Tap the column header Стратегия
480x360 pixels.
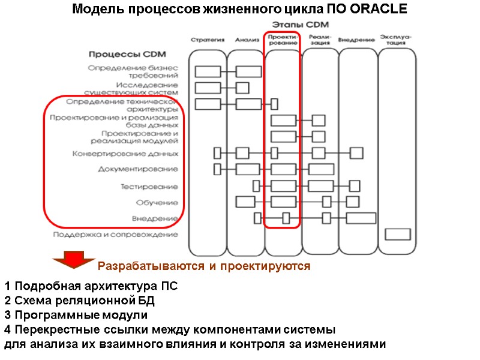pyautogui.click(x=208, y=40)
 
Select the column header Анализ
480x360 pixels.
pyautogui.click(x=247, y=40)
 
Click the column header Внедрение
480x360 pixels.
pyautogui.click(x=356, y=40)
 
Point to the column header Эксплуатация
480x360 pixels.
pyautogui.click(x=395, y=40)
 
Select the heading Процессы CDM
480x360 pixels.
pyautogui.click(x=124, y=53)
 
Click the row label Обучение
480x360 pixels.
pyautogui.click(x=157, y=203)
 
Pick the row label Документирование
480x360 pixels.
pyautogui.click(x=138, y=170)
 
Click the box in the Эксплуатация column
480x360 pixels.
pyautogui.click(x=397, y=234)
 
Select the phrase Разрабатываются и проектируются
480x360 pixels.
pyautogui.click(x=204, y=266)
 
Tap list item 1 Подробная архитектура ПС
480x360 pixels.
pyautogui.click(x=91, y=286)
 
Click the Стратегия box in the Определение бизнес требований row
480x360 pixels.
pyautogui.click(x=208, y=72)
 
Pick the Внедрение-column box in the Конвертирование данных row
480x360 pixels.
pyautogui.click(x=356, y=153)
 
